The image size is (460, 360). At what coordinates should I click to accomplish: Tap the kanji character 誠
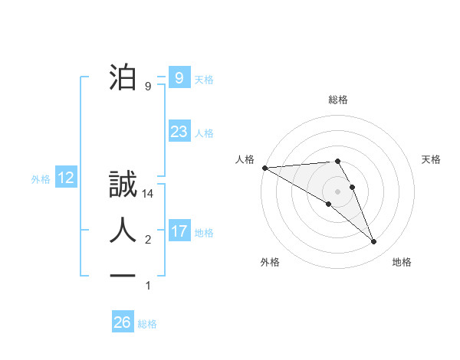click(x=122, y=185)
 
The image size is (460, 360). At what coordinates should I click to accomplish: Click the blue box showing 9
click(x=179, y=78)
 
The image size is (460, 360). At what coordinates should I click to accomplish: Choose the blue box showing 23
click(x=179, y=132)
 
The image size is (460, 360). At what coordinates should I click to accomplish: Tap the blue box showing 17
click(x=179, y=231)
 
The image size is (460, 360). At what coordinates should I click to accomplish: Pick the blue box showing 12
click(x=66, y=178)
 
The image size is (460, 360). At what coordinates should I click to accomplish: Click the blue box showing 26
click(x=122, y=322)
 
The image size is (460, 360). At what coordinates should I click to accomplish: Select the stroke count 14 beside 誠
click(x=148, y=195)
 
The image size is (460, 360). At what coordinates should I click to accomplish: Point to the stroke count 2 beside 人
click(x=148, y=241)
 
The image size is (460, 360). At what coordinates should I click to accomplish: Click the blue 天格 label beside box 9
click(x=204, y=80)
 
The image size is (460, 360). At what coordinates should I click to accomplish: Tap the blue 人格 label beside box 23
click(x=204, y=133)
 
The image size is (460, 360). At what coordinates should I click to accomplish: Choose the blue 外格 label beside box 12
click(x=41, y=179)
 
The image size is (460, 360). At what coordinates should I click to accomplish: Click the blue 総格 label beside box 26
click(x=147, y=324)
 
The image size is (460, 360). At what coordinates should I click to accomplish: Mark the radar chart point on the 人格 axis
click(x=264, y=167)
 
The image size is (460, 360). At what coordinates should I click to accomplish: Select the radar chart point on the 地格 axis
click(x=374, y=242)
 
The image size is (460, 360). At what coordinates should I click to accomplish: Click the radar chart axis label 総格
click(x=338, y=100)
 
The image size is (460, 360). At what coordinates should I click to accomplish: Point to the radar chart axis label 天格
click(x=432, y=159)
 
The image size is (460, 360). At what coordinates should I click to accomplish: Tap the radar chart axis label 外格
click(x=270, y=262)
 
